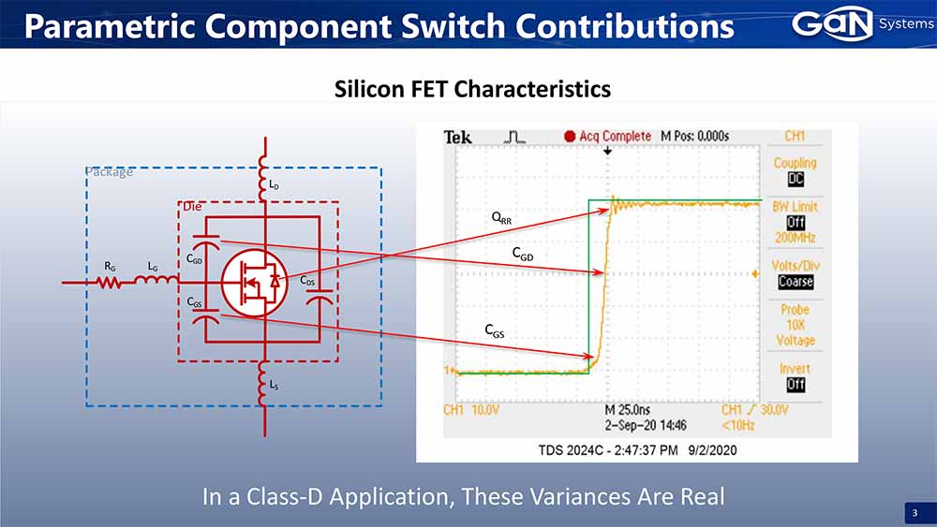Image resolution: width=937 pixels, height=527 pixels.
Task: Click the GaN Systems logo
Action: point(862,24)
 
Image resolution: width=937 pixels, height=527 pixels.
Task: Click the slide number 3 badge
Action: point(915,513)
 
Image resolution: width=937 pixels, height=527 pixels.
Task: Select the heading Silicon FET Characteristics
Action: point(472,89)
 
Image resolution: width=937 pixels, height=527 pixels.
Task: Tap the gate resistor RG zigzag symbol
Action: point(109,282)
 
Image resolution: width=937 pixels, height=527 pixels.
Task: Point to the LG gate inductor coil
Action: point(156,279)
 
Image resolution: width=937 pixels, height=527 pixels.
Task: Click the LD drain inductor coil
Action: point(262,178)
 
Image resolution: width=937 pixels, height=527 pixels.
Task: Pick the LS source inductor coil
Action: point(262,385)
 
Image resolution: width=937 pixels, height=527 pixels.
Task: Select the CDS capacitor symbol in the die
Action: point(320,298)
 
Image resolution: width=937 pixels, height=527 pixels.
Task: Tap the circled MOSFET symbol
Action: point(254,283)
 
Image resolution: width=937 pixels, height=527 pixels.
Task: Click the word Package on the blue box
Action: point(109,172)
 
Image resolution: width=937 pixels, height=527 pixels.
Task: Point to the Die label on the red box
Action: point(192,207)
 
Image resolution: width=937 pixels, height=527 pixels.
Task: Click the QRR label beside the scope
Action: point(501,218)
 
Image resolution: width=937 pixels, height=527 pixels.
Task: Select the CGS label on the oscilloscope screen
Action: point(494,330)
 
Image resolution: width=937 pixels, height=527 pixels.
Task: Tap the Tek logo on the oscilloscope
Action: point(458,138)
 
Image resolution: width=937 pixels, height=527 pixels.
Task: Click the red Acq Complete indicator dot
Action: point(570,136)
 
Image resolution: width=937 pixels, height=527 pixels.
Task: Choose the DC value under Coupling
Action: point(796,179)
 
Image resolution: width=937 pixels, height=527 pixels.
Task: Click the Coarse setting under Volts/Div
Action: point(796,282)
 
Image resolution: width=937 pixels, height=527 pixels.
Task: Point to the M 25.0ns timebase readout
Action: point(628,410)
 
